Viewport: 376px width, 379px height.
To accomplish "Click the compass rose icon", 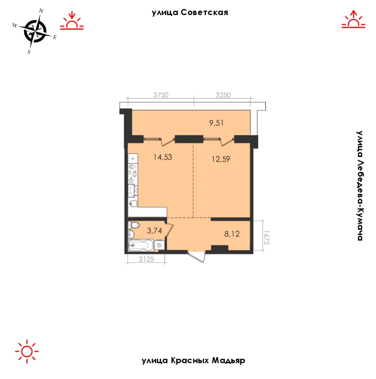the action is coord(35,31).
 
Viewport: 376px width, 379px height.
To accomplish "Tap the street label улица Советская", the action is coord(190,13).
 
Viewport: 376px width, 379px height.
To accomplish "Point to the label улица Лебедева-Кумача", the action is coord(360,185).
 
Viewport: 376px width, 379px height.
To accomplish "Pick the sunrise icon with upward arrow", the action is coord(353,19).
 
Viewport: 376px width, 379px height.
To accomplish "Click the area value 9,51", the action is coord(216,123).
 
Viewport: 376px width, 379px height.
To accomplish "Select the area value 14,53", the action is coord(163,157).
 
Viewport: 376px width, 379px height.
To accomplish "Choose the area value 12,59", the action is coord(221,159).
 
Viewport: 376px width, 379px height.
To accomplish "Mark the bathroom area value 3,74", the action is coord(154,231).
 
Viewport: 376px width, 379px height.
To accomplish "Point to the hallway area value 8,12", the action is coord(232,234).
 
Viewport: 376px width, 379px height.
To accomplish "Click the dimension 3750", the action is coord(161,95).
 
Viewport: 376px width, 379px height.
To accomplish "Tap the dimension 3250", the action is coord(223,95).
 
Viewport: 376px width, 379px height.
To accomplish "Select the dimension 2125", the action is coord(146,259).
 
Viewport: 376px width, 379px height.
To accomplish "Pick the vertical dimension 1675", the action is coord(266,238).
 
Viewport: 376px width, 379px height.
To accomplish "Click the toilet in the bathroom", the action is coord(134,225).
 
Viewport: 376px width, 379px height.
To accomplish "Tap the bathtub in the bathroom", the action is coord(141,245).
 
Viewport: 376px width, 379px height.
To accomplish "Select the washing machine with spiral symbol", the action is coord(159,245).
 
